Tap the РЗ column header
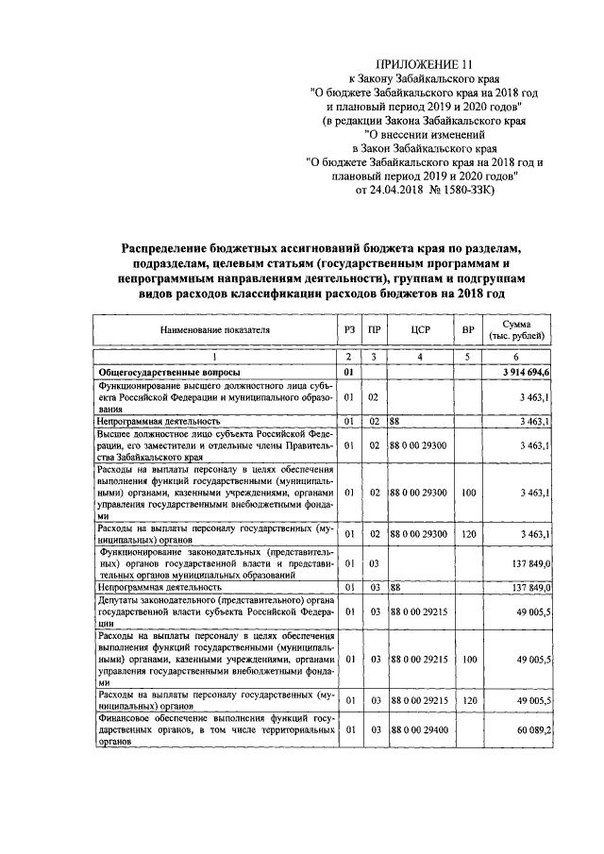point(348,330)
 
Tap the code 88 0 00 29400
point(420,729)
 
